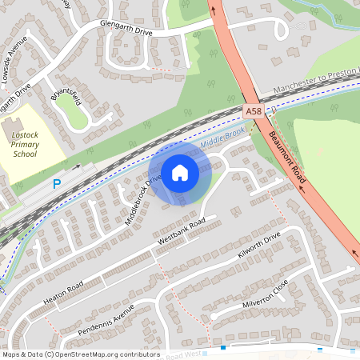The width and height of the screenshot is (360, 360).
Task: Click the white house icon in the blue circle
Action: tap(180, 172)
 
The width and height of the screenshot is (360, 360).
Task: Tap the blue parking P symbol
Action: tap(57, 184)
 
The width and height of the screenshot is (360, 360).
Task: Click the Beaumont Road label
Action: tap(286, 158)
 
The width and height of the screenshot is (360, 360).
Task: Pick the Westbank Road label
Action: tap(182, 230)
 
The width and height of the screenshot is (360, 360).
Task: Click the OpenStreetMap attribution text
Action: tap(80, 354)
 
